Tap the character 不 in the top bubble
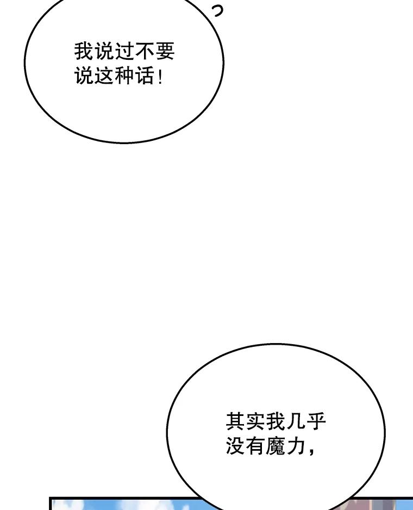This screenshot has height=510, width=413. [x=145, y=52]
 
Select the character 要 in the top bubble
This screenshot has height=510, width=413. [x=165, y=52]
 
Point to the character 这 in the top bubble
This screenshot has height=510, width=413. [x=104, y=76]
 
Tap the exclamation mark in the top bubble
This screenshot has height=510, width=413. [x=160, y=76]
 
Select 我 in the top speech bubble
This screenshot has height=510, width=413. [x=84, y=52]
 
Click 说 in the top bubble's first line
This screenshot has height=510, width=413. [x=104, y=52]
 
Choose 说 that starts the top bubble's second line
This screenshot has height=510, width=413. [x=84, y=76]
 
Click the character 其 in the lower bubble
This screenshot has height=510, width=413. [x=235, y=421]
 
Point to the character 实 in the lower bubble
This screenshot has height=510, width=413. [x=255, y=421]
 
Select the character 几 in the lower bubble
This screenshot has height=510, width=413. [x=296, y=421]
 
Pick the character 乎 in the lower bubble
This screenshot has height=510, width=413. [x=316, y=421]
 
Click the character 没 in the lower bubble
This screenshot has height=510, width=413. [x=235, y=446]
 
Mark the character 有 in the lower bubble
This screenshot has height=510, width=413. [x=255, y=446]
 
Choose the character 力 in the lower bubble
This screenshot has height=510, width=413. [x=296, y=446]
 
